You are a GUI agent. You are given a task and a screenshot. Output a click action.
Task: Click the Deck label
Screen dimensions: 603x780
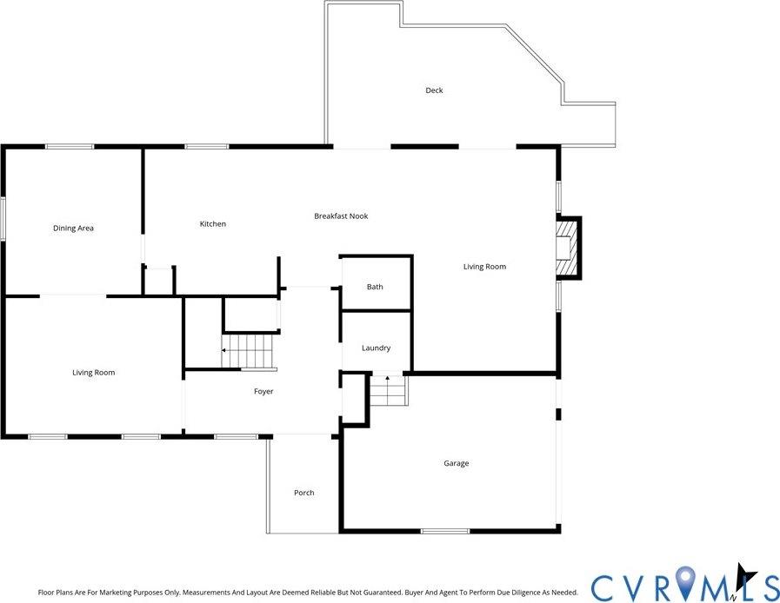pyautogui.click(x=434, y=90)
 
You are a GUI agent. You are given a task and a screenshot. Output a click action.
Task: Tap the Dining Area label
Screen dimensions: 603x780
pyautogui.click(x=73, y=229)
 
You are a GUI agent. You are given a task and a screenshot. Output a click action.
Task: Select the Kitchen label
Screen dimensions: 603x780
pyautogui.click(x=213, y=224)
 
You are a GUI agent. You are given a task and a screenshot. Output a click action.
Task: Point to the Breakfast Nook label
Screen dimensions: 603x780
pyautogui.click(x=341, y=216)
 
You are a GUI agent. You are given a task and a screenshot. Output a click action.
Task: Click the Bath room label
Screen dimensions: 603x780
pyautogui.click(x=375, y=287)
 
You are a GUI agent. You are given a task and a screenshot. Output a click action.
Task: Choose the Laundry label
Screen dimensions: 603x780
pyautogui.click(x=376, y=348)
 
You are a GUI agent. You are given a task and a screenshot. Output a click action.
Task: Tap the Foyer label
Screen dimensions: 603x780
pyautogui.click(x=263, y=392)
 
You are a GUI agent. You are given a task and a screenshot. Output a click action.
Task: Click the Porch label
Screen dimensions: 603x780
pyautogui.click(x=303, y=494)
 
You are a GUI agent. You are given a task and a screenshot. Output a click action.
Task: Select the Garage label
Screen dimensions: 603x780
pyautogui.click(x=457, y=464)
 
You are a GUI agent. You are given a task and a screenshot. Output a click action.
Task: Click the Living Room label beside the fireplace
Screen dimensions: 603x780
pyautogui.click(x=484, y=267)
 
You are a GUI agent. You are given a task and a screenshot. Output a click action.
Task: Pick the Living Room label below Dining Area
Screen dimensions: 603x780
pyautogui.click(x=93, y=373)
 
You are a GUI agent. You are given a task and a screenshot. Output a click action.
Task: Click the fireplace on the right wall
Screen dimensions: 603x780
pyautogui.click(x=568, y=248)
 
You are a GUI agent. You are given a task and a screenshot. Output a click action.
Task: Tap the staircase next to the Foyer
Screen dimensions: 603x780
pyautogui.click(x=248, y=351)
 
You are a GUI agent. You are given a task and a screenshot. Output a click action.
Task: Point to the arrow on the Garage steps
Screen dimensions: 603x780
pyautogui.click(x=387, y=380)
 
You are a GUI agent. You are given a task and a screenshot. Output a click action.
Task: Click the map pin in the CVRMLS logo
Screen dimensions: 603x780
pyautogui.click(x=687, y=581)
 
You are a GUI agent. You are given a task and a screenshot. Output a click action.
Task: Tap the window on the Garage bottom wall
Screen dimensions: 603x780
pyautogui.click(x=445, y=531)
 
